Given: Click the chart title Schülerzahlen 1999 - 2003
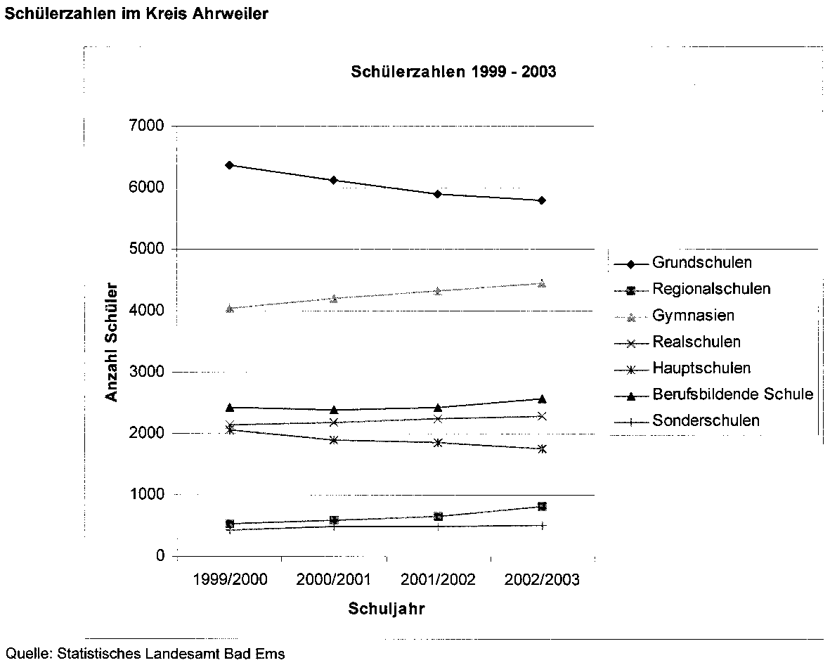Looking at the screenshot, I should pyautogui.click(x=454, y=72).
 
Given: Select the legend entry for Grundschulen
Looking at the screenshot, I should pyautogui.click(x=702, y=263).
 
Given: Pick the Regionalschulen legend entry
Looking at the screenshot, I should pyautogui.click(x=711, y=289).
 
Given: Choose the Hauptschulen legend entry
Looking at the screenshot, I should pyautogui.click(x=701, y=368).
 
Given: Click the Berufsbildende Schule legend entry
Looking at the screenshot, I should pyautogui.click(x=732, y=394).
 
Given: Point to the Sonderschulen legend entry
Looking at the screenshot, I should pyautogui.click(x=706, y=421).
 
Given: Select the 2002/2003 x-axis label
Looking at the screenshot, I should pyautogui.click(x=543, y=580).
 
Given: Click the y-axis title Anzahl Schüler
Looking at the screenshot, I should pyautogui.click(x=112, y=342).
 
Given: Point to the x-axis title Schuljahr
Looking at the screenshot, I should pyautogui.click(x=386, y=609).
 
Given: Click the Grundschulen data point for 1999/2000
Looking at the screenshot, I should pyautogui.click(x=229, y=165).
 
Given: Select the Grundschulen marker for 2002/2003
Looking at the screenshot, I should pyautogui.click(x=542, y=200).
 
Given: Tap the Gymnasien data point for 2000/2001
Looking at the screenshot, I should pyautogui.click(x=334, y=299).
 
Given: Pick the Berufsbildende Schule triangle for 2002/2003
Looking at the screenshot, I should pyautogui.click(x=542, y=399).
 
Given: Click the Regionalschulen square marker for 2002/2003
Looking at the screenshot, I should pyautogui.click(x=542, y=506).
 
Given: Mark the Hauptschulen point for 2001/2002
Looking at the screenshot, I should pyautogui.click(x=438, y=443).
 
